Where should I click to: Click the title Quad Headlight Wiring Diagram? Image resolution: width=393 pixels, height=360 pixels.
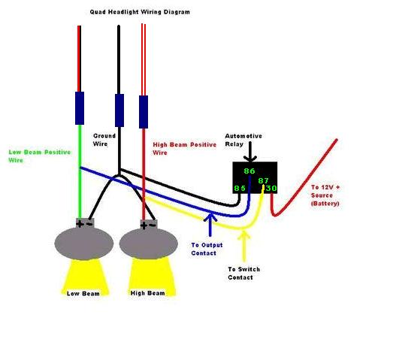point(140,12)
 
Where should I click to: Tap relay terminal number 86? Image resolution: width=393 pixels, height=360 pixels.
point(249,171)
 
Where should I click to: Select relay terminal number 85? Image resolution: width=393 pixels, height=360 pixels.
point(240,188)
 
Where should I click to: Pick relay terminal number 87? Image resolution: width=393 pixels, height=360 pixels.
point(264,180)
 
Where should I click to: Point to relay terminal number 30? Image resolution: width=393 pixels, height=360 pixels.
point(271,188)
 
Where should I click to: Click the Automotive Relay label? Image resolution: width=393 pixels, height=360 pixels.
point(243,140)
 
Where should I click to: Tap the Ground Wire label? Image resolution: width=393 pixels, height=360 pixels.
point(104,140)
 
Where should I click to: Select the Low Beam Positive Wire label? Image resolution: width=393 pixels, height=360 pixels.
point(40,156)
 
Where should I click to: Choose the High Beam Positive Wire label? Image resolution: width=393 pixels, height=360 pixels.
point(184,148)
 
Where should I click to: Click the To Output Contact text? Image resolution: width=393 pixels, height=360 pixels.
point(207,249)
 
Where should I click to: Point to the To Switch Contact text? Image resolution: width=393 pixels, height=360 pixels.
point(244,274)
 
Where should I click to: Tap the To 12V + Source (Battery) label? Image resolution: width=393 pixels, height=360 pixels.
point(325,195)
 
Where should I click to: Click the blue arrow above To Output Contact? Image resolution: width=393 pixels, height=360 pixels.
point(210,224)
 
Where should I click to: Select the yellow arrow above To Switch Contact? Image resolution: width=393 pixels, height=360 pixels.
point(244,247)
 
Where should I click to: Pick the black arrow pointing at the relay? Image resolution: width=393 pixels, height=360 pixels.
point(250,152)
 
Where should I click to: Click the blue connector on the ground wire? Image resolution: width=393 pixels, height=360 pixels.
point(119,110)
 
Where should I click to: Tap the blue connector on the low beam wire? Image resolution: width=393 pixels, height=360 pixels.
point(80,108)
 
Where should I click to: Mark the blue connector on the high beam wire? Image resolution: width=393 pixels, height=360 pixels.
point(144,112)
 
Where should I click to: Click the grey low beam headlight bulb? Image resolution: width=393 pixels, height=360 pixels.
point(84,240)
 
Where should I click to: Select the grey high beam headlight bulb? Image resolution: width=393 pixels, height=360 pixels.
point(149,240)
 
